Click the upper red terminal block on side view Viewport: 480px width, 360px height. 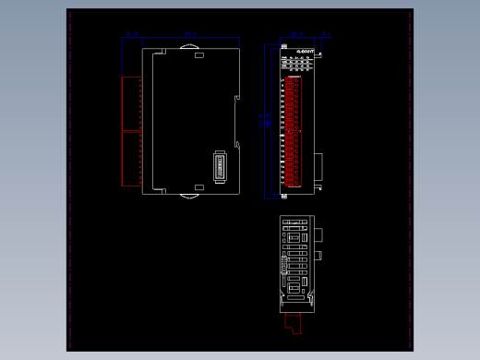coord(131,102)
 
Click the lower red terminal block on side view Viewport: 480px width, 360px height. coord(131,159)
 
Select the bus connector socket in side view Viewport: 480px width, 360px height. coord(220,167)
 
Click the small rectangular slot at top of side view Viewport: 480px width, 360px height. coord(198,55)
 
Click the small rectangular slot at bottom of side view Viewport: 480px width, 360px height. coord(198,186)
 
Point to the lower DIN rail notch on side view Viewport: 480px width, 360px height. coord(236,144)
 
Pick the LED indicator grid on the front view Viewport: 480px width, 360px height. coord(299,64)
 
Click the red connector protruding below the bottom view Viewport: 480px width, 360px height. coord(293,322)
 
